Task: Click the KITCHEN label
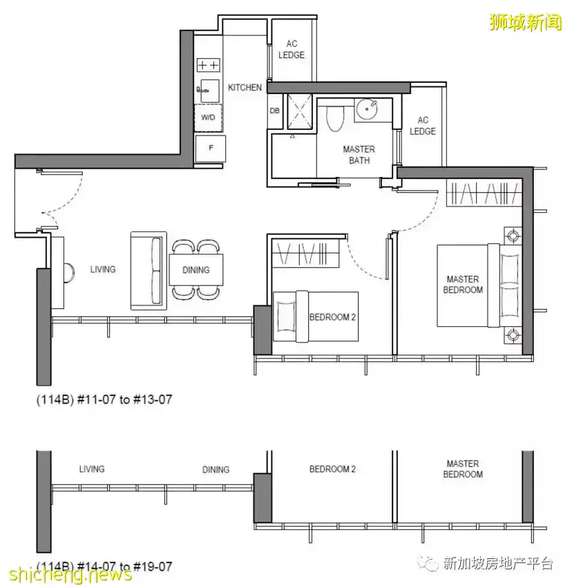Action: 245,87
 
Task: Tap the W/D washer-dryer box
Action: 209,117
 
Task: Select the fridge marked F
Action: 211,148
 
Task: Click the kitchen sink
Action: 209,90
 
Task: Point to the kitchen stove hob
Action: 209,65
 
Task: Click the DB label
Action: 274,111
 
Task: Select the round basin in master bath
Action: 367,109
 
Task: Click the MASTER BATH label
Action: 359,155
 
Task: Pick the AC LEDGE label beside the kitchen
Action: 292,50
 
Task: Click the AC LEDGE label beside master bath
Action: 423,126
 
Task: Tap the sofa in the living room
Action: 149,271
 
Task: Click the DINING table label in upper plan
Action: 196,270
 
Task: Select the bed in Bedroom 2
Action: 316,316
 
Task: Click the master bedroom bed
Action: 479,285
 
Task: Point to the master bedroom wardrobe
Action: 484,193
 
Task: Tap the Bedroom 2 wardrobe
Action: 305,253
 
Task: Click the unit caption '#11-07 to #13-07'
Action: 124,399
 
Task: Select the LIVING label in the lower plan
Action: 92,469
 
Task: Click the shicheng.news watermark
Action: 71,573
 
